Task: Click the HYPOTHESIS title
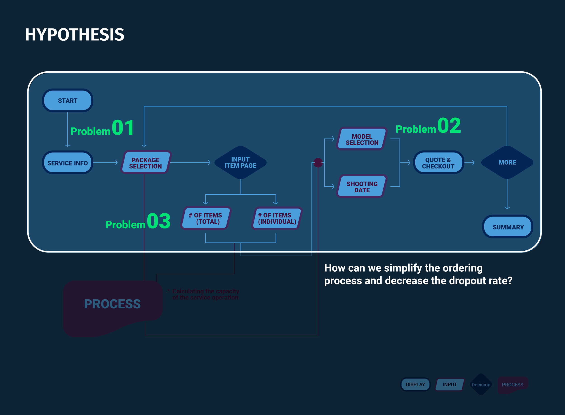pos(74,35)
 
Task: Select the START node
pos(68,100)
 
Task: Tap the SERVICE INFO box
pos(68,163)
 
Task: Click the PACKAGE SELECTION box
pos(146,163)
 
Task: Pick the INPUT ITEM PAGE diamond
pos(240,163)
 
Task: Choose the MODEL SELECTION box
pos(362,139)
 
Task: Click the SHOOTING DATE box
pos(362,187)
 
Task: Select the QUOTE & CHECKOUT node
pos(438,163)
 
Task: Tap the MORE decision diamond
pos(507,163)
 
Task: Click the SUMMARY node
pos(508,227)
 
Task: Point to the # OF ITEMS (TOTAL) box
pos(205,218)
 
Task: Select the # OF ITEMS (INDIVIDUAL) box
pos(277,218)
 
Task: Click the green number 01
pos(123,128)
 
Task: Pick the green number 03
pos(159,221)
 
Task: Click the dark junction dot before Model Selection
pos(318,163)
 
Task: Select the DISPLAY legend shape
pos(415,384)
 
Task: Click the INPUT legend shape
pos(450,384)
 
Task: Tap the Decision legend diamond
pos(481,384)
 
